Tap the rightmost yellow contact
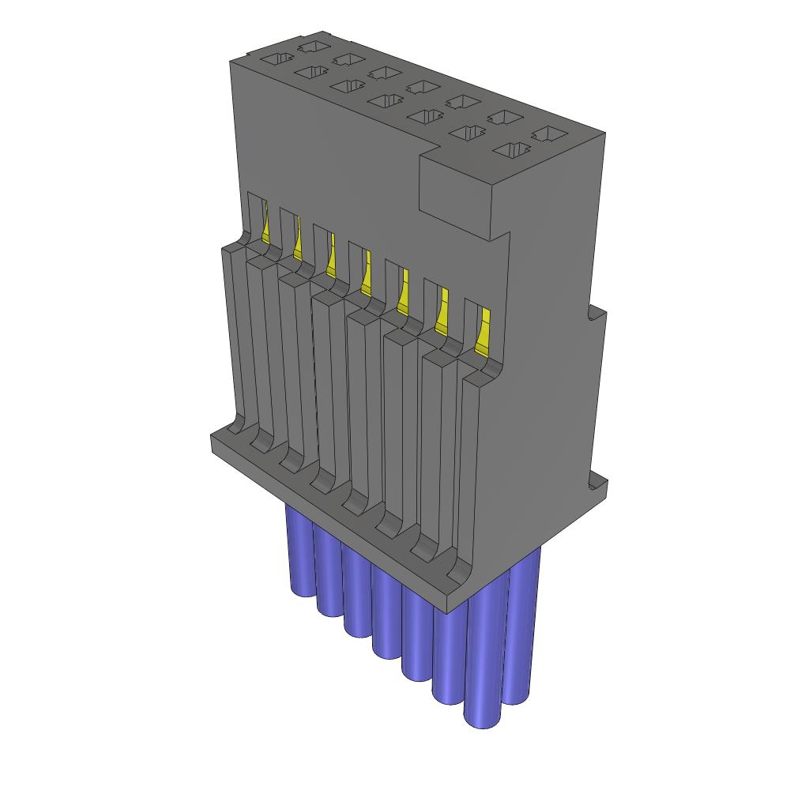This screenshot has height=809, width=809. coord(484,330)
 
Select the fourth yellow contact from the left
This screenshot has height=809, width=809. coord(366,273)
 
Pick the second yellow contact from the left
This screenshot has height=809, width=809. coord(298,243)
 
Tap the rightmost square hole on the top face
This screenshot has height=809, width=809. coord(549,135)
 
